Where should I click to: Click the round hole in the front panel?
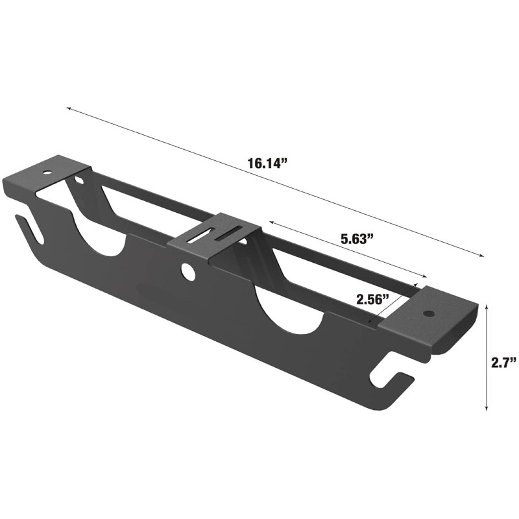pyautogui.click(x=187, y=271)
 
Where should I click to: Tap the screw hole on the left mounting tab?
pyautogui.click(x=48, y=173)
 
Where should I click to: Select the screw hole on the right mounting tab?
pyautogui.click(x=429, y=313)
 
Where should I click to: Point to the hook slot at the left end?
pyautogui.click(x=30, y=229)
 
